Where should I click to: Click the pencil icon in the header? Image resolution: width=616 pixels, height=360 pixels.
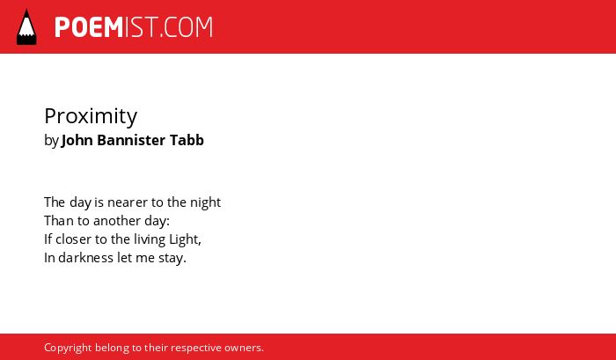click(x=26, y=26)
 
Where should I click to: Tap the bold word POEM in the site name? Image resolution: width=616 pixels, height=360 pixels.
click(x=89, y=27)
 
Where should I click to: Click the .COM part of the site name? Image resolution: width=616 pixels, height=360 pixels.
click(x=186, y=27)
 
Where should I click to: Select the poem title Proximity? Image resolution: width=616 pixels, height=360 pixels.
click(x=91, y=117)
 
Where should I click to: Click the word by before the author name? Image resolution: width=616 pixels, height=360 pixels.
click(x=51, y=141)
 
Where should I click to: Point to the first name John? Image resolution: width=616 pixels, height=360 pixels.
click(x=77, y=140)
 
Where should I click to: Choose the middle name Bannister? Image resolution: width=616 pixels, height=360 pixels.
click(x=131, y=140)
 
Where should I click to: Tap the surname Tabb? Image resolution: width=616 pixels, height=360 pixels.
click(x=187, y=140)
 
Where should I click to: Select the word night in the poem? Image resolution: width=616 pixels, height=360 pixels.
click(x=205, y=202)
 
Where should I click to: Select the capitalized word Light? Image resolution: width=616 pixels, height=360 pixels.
click(x=185, y=240)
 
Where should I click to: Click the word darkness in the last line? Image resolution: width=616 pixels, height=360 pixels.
click(x=86, y=258)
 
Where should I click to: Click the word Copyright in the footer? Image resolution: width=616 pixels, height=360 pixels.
click(x=68, y=349)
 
